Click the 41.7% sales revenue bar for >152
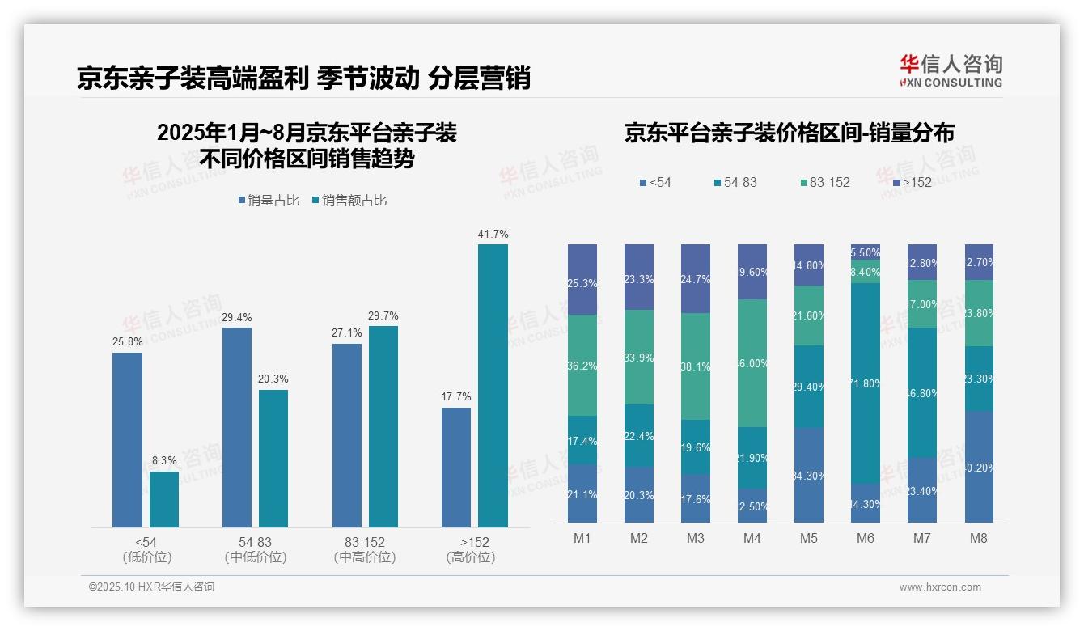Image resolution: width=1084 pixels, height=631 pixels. [493, 386]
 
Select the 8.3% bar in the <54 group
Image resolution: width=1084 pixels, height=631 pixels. [163, 499]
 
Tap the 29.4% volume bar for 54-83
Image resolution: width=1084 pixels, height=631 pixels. [236, 427]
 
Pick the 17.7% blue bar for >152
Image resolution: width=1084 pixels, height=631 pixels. [455, 468]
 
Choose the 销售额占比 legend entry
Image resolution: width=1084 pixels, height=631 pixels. [349, 201]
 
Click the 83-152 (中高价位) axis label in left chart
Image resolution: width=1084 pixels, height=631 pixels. [364, 549]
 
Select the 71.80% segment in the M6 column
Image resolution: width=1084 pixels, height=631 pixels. [866, 383]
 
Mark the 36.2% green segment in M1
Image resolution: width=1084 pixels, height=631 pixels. [582, 365]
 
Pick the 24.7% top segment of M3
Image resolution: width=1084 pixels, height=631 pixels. [696, 278]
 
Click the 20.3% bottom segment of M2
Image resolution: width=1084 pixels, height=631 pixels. [639, 494]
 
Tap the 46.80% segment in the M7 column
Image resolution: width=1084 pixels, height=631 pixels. [922, 392]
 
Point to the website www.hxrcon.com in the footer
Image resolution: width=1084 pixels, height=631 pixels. [939, 587]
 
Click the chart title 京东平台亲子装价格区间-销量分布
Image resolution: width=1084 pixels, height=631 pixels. [789, 133]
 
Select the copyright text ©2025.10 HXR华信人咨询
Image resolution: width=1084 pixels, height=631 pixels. [151, 587]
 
